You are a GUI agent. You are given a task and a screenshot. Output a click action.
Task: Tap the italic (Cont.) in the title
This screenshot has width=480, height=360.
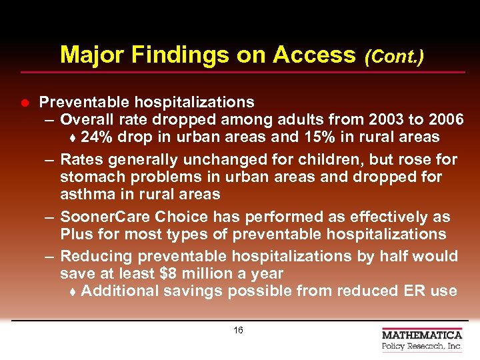pyautogui.click(x=395, y=57)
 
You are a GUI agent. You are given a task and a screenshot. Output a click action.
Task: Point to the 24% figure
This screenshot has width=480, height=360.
pyautogui.click(x=96, y=137)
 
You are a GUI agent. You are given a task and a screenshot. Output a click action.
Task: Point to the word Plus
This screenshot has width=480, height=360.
pyautogui.click(x=75, y=235)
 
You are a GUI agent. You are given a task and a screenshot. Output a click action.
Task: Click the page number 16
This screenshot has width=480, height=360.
pyautogui.click(x=239, y=331)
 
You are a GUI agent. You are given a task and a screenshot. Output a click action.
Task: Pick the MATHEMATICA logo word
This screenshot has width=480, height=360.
pyautogui.click(x=422, y=335)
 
